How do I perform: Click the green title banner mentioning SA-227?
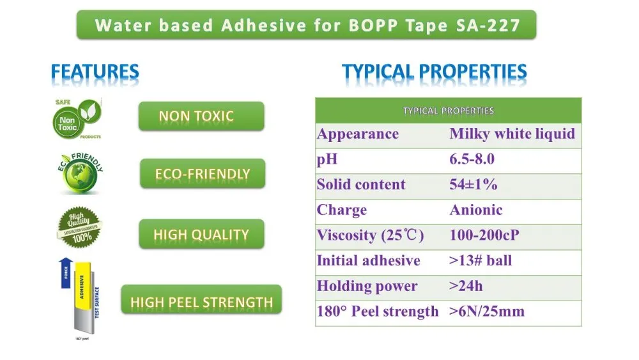click(x=306, y=26)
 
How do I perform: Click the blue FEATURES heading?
click(x=95, y=72)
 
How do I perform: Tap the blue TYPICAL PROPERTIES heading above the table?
click(x=434, y=72)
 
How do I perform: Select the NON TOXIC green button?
click(x=201, y=116)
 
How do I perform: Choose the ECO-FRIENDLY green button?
click(x=202, y=174)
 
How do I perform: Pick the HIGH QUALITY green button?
click(x=201, y=234)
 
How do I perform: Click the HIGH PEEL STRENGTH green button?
click(x=201, y=302)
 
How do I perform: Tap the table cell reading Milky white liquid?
click(x=512, y=134)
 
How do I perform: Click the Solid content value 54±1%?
click(x=473, y=185)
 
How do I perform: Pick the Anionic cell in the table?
click(x=476, y=210)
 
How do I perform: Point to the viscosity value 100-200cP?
click(x=484, y=235)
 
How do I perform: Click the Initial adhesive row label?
click(x=369, y=261)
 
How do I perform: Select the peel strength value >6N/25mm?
click(x=487, y=311)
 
